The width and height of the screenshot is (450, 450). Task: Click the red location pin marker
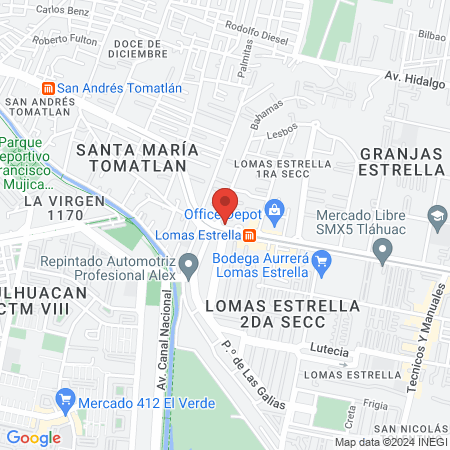[226, 203]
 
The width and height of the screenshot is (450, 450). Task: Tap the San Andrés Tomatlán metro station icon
[45, 87]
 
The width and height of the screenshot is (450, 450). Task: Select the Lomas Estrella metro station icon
[249, 235]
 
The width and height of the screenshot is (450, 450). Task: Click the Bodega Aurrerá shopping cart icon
[321, 264]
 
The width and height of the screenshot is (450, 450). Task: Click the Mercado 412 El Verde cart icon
[66, 401]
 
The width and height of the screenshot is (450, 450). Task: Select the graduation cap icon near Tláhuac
[437, 215]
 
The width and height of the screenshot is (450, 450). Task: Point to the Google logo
[33, 437]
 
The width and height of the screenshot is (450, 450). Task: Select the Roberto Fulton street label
[64, 40]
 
